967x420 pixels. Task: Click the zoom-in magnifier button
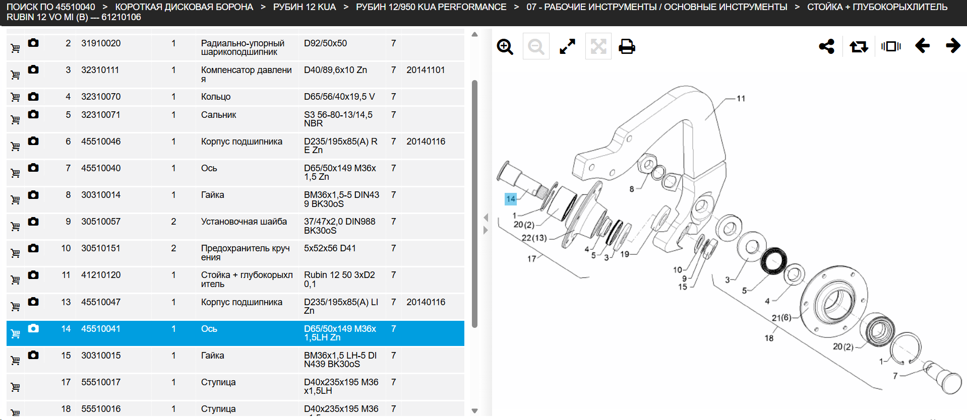[505, 47]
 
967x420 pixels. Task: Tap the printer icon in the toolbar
[627, 46]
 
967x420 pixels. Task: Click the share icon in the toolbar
[827, 46]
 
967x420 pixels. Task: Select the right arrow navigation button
[953, 46]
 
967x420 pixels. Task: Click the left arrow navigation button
[922, 46]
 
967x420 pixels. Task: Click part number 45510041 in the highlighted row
[101, 329]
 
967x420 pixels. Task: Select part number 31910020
[101, 43]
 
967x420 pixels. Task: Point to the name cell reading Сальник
[218, 115]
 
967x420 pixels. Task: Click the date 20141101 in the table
[426, 70]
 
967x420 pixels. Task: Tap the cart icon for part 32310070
[16, 97]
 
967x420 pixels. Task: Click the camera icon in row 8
[33, 194]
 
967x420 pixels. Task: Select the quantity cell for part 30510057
[173, 222]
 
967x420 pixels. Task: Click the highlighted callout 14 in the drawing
[511, 199]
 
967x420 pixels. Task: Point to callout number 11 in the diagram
[741, 99]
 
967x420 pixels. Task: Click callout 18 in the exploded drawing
[769, 338]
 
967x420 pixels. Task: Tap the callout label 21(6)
[781, 318]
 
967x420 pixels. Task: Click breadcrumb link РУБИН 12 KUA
[305, 7]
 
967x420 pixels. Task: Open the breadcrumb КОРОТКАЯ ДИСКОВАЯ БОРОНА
[184, 7]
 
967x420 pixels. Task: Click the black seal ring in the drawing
[773, 261]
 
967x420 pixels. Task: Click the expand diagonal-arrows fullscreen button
[567, 47]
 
